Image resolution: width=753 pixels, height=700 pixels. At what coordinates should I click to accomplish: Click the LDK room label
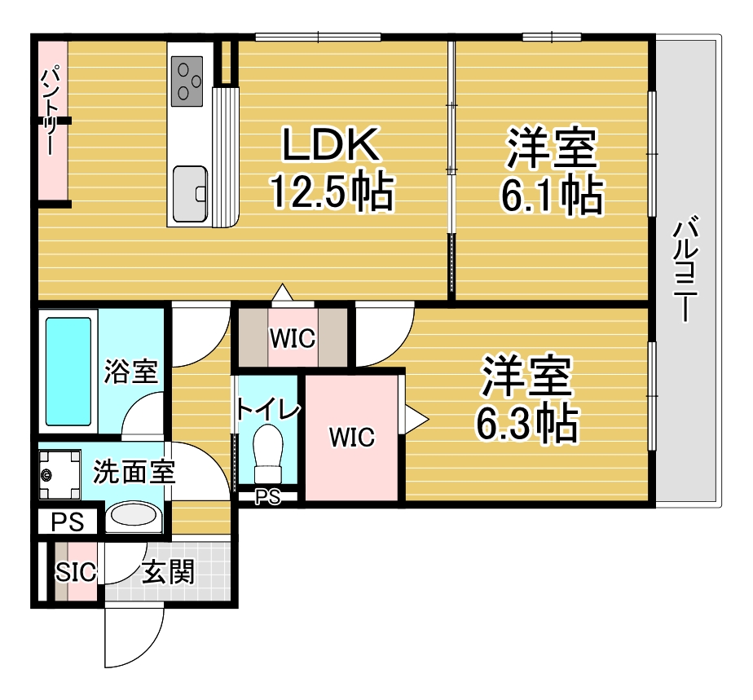coord(330,144)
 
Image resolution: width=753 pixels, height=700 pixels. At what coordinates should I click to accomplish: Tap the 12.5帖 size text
coord(332,192)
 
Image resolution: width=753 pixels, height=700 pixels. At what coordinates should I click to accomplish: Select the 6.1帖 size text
coord(552,196)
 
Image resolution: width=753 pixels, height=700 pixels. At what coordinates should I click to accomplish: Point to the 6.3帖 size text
coord(526,424)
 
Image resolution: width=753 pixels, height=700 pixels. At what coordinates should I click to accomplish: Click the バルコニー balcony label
coord(685,269)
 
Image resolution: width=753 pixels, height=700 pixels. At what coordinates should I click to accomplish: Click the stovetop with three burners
coord(187,81)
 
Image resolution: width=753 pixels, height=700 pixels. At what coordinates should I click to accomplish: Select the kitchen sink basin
coord(190,194)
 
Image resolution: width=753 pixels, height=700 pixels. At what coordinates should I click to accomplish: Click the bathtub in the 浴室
coord(68,372)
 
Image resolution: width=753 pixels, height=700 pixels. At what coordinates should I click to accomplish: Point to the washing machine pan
coord(59,475)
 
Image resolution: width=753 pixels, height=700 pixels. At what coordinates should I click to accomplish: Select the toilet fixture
coord(268,454)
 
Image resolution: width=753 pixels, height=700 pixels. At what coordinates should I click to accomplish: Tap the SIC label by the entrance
coord(76,572)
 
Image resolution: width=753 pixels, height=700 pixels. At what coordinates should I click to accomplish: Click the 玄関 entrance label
coord(168,572)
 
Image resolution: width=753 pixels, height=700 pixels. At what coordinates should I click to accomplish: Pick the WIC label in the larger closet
coord(351,438)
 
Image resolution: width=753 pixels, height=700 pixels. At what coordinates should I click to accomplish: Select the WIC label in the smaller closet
coord(293,338)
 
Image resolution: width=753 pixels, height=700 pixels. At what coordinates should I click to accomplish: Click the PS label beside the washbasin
coord(67,522)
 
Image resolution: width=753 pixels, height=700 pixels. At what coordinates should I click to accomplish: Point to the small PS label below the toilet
coord(267,497)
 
